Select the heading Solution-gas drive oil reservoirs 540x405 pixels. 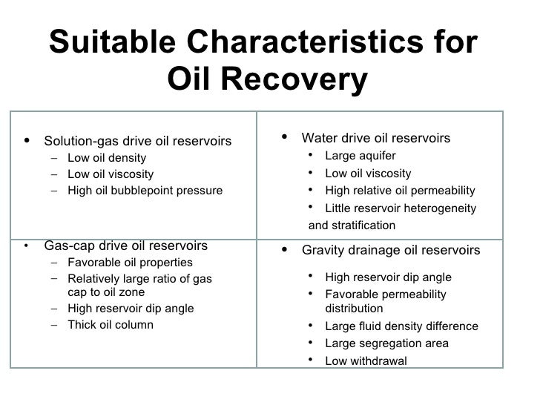click(138, 141)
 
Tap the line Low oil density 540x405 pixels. click(107, 158)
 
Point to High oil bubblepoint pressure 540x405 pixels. click(145, 191)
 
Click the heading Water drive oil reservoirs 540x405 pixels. click(376, 139)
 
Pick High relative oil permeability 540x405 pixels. click(401, 191)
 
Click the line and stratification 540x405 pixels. click(352, 225)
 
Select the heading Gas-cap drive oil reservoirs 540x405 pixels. click(126, 246)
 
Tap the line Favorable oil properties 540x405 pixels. click(130, 263)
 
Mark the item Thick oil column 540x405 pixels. click(111, 325)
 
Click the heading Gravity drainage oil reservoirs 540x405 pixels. click(391, 251)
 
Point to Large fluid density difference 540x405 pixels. click(402, 326)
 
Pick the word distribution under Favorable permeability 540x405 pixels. click(355, 308)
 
